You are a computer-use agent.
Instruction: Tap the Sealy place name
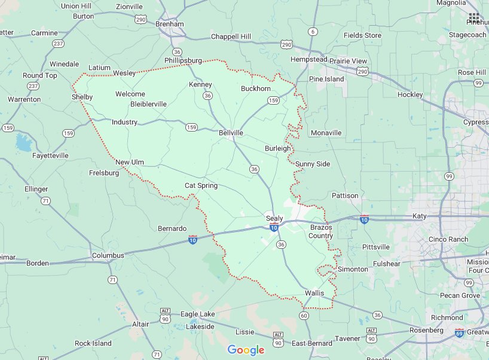click(274, 218)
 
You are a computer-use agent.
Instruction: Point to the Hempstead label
click(308, 60)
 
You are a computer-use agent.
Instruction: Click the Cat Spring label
click(201, 185)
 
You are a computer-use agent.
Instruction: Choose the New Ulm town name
click(130, 162)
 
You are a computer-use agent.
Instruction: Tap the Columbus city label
click(108, 255)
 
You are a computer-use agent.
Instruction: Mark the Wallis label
click(314, 293)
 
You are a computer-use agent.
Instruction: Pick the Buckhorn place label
click(256, 89)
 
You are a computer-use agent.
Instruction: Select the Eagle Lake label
click(197, 314)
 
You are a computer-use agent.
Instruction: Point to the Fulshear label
click(387, 263)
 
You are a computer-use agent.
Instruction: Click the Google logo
click(246, 350)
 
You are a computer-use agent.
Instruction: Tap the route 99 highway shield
click(449, 176)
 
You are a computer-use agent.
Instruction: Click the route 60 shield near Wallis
click(304, 315)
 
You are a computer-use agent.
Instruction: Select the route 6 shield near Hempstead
click(313, 31)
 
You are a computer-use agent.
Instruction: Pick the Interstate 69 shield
click(459, 332)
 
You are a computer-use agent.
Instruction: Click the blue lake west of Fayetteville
click(25, 143)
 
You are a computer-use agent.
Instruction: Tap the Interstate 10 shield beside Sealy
click(273, 228)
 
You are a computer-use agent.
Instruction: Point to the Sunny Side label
click(312, 164)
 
